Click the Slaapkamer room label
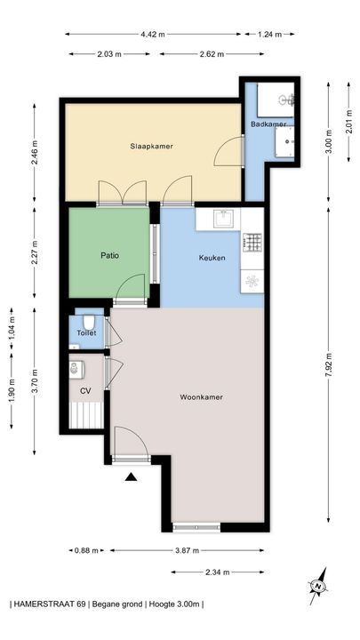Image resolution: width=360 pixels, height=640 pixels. point(151,146)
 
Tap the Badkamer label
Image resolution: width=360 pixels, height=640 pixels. point(268,124)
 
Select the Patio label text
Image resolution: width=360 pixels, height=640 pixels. point(110,256)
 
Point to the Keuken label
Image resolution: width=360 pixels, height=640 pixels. point(212,258)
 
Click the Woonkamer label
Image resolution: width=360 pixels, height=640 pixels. point(201,396)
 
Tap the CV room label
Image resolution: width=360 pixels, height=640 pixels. point(85,391)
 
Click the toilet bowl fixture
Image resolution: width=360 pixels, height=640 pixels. point(89,322)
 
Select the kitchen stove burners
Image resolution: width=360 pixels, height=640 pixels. point(252,242)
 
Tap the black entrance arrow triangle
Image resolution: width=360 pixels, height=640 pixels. point(131,476)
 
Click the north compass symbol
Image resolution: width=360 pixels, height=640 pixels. point(318,587)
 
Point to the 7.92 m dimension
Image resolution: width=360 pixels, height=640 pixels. point(329,364)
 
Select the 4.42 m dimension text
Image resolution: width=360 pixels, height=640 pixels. point(153,35)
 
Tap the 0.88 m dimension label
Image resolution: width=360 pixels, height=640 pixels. point(86,550)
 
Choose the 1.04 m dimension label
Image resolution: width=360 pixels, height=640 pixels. point(12,329)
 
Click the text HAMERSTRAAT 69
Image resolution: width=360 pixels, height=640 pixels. point(50,604)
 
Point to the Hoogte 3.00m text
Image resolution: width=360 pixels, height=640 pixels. point(174,604)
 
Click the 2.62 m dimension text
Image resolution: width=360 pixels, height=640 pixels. point(212,54)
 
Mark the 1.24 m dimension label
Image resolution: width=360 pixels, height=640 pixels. point(270,35)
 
